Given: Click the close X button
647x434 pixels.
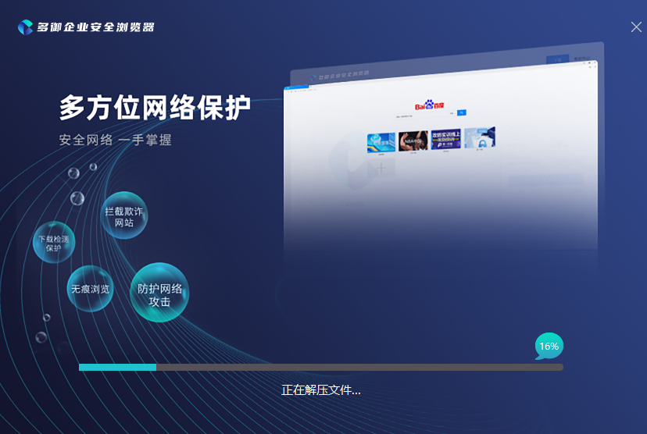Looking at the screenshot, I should coord(636,27).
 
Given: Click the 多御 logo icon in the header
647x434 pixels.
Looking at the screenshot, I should coord(25,27).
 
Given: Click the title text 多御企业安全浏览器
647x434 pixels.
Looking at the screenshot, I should coord(95,27).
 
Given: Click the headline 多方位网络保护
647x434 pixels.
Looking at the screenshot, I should coord(155,108).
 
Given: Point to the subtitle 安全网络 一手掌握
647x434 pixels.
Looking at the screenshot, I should coord(115,141).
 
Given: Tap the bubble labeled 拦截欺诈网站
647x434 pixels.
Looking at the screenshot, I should coord(124,216).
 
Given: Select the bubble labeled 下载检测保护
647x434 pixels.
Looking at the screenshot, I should coord(53,244).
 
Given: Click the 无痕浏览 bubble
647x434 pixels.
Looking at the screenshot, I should coord(90,289).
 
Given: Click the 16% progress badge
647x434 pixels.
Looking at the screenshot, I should coord(549,346).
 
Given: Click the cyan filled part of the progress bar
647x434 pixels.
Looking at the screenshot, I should coord(117,367).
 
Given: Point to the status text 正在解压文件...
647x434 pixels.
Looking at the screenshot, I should coord(320,390).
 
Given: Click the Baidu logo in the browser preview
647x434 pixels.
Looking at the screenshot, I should coord(429,105).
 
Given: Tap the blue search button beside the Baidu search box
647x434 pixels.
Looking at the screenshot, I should coord(462,113).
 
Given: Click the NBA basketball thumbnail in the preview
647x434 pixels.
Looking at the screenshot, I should coord(413,141).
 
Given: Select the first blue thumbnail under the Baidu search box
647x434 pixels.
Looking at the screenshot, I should coord(381,142).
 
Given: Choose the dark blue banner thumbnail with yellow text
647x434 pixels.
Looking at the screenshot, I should coord(445,139).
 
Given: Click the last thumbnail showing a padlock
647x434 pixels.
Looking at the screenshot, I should coord(479,138).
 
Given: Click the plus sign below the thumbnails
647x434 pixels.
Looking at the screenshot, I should coord(381,168).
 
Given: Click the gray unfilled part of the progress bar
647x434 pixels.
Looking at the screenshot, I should coord(359,367).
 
